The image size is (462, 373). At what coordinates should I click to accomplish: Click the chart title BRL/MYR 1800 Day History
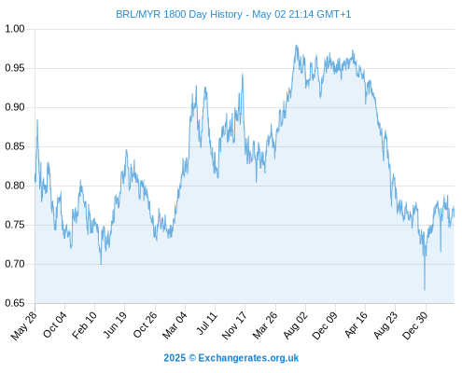(x=179, y=14)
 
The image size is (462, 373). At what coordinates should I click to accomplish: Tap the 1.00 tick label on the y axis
(x=15, y=29)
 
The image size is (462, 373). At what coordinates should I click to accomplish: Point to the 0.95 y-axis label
(x=15, y=68)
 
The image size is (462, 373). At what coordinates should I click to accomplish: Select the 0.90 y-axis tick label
(x=15, y=107)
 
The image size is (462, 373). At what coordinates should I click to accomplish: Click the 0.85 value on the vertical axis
(x=15, y=146)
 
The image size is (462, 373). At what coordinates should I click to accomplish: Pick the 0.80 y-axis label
(x=15, y=186)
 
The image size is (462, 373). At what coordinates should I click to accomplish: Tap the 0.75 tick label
(x=15, y=225)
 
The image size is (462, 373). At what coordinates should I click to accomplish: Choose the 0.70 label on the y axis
(x=15, y=264)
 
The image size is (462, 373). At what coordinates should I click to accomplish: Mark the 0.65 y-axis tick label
(x=15, y=303)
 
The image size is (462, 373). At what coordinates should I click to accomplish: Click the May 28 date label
(x=24, y=325)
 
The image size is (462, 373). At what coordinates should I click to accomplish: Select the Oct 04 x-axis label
(x=55, y=325)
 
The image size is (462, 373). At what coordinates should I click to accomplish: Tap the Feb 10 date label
(x=84, y=325)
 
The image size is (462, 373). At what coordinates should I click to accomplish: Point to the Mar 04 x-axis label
(x=175, y=325)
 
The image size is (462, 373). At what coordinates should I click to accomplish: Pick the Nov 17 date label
(x=234, y=325)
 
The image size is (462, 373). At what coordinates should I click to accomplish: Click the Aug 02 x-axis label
(x=296, y=325)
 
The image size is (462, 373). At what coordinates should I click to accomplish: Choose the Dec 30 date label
(x=415, y=325)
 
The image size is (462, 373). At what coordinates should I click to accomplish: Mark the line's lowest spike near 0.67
(x=425, y=290)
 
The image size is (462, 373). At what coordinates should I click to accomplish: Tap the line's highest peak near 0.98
(x=297, y=46)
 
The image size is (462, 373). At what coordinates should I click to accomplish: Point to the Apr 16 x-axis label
(x=357, y=325)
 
